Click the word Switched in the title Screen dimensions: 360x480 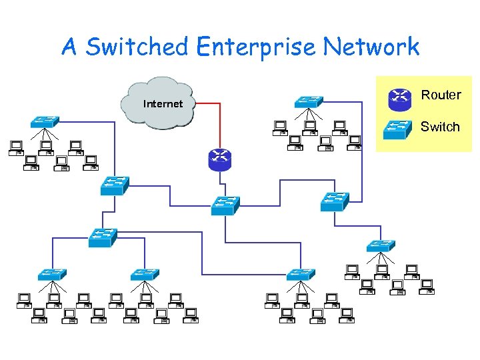click(137, 47)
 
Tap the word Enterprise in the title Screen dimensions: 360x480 click(256, 47)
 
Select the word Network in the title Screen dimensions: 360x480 click(371, 47)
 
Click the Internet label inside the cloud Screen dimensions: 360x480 click(162, 104)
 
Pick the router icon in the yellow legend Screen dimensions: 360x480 click(399, 99)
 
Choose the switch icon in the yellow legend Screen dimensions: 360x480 click(399, 129)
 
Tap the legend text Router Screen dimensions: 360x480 click(441, 95)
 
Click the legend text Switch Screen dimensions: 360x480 click(440, 127)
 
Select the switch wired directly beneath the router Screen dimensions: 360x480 click(225, 205)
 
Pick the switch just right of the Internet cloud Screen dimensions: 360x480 click(309, 102)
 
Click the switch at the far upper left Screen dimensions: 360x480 click(44, 121)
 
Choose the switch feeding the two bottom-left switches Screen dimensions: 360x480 click(103, 237)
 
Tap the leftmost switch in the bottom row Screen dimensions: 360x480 click(52, 274)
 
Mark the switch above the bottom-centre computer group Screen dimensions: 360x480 click(301, 274)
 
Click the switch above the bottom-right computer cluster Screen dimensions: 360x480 click(381, 245)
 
